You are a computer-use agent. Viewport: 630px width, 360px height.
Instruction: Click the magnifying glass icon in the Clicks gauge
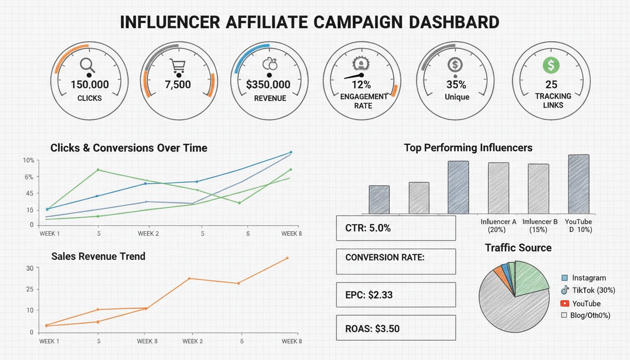coord(88,65)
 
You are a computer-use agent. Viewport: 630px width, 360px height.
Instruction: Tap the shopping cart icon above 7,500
coord(178,66)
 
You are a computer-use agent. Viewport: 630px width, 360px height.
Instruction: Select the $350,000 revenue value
coord(268,85)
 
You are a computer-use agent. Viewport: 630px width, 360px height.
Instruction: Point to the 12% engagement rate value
coord(361,85)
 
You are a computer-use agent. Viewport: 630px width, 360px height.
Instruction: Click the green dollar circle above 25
coord(551,66)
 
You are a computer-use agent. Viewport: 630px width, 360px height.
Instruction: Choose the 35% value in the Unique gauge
coord(456,85)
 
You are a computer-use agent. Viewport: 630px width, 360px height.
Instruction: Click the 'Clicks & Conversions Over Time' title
coord(128,148)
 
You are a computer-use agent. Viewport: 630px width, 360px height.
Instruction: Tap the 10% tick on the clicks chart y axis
coord(28,160)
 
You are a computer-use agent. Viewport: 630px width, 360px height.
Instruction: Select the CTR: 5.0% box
coord(396,228)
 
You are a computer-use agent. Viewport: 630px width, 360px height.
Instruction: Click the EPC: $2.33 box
coord(396,295)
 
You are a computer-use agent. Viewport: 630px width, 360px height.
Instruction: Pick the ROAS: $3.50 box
coord(396,328)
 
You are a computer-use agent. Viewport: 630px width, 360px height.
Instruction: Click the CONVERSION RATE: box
coord(396,261)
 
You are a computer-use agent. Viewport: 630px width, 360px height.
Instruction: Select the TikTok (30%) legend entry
coord(588,291)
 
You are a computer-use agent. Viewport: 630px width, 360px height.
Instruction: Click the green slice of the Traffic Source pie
coord(530,279)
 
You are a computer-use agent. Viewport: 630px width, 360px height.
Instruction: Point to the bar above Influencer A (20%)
coord(498,188)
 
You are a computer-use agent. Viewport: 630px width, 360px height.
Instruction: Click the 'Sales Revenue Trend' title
coord(98,256)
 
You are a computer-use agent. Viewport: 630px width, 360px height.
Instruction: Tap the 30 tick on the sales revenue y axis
coord(30,268)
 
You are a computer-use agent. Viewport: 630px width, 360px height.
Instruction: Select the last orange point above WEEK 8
coord(287,258)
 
